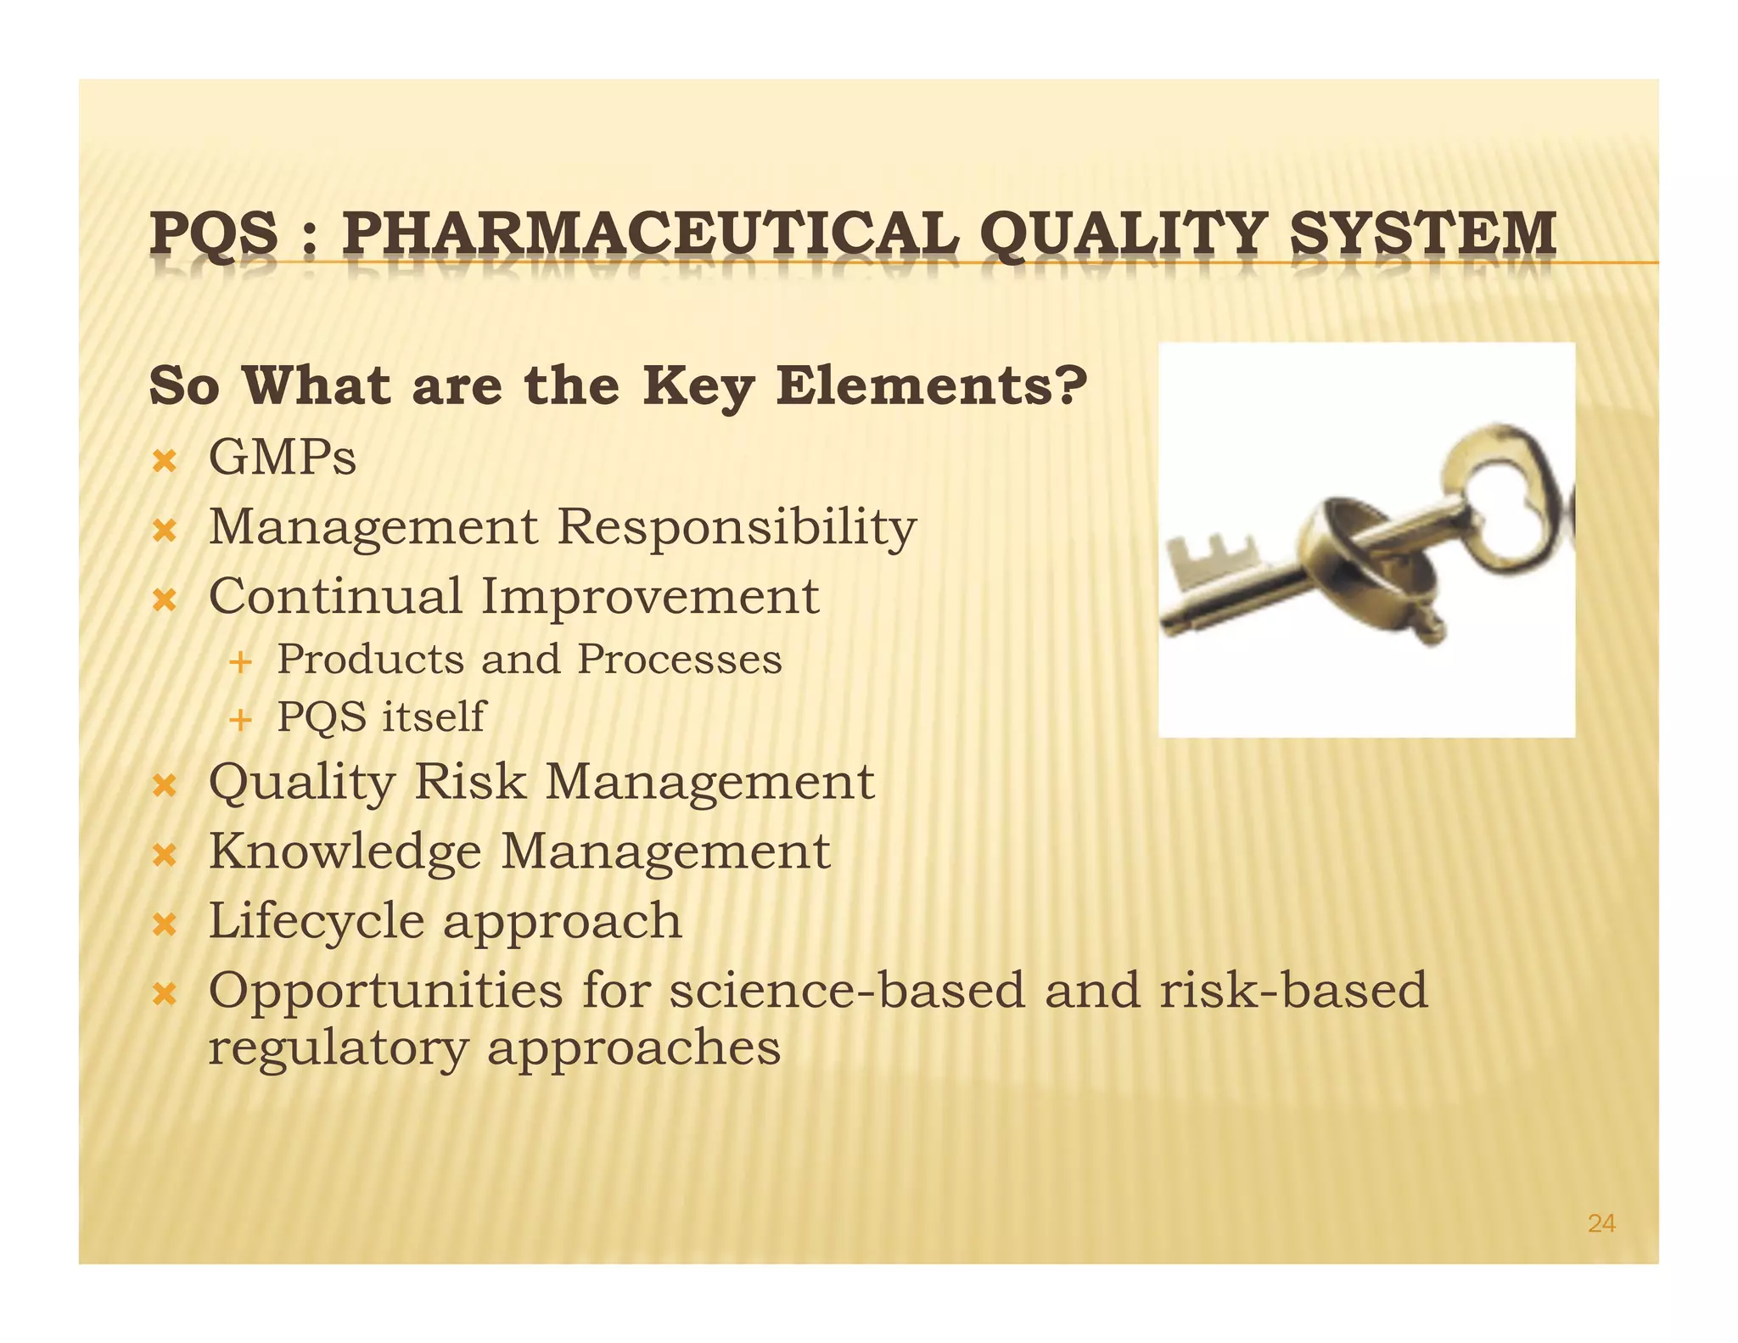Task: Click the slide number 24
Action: (1601, 1223)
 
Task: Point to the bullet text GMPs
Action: (283, 458)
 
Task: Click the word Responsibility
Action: (737, 527)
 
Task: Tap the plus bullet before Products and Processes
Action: (241, 661)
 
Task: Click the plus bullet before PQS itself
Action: (241, 720)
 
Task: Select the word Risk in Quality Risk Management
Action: (469, 781)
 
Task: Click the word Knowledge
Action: (345, 851)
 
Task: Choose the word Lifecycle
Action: (315, 921)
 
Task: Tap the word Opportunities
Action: (385, 992)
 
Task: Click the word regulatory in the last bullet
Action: (338, 1048)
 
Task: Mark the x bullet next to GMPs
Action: (164, 462)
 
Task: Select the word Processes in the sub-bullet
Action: (679, 660)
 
